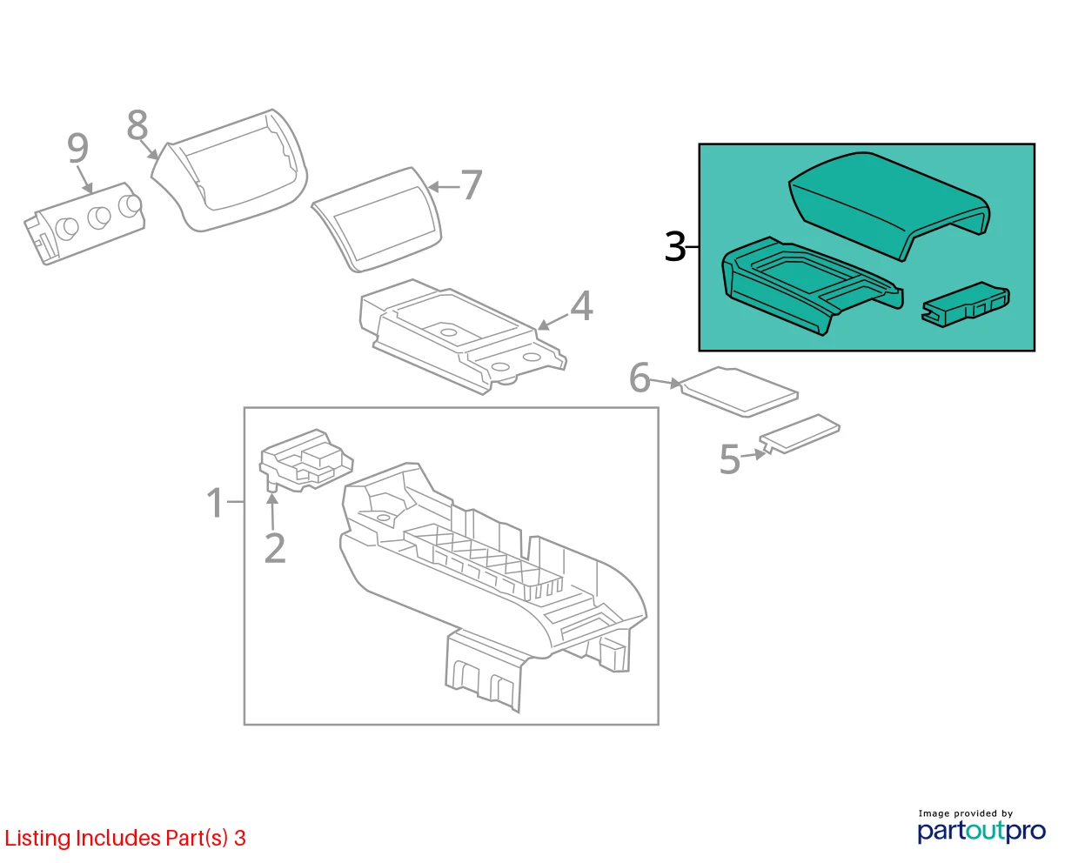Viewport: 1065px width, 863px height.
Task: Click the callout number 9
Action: [78, 148]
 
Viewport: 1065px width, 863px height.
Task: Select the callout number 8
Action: [137, 124]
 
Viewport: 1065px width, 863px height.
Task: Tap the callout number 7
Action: [471, 185]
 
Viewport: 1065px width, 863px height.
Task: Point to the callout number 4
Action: [581, 305]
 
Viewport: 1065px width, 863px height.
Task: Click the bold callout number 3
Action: [675, 246]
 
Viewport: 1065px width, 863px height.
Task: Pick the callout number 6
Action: [640, 378]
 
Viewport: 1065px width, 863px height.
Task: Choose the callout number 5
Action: [729, 459]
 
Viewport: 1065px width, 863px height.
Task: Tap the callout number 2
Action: [275, 548]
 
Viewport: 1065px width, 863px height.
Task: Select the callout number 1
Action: [216, 503]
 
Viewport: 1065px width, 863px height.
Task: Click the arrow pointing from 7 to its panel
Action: [444, 187]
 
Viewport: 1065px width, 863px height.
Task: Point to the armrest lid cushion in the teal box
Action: [889, 205]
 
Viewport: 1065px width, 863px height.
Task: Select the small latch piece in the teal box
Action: [965, 304]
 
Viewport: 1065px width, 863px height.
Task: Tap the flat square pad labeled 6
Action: [740, 391]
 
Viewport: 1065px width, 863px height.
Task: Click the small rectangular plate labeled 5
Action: [800, 434]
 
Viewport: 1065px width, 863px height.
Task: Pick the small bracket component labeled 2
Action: [306, 460]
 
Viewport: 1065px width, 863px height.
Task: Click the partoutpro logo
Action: [981, 831]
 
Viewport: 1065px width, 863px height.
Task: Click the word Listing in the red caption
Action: [37, 838]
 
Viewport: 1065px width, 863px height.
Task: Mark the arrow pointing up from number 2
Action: [272, 511]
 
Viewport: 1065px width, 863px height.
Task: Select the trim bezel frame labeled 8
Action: [229, 170]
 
